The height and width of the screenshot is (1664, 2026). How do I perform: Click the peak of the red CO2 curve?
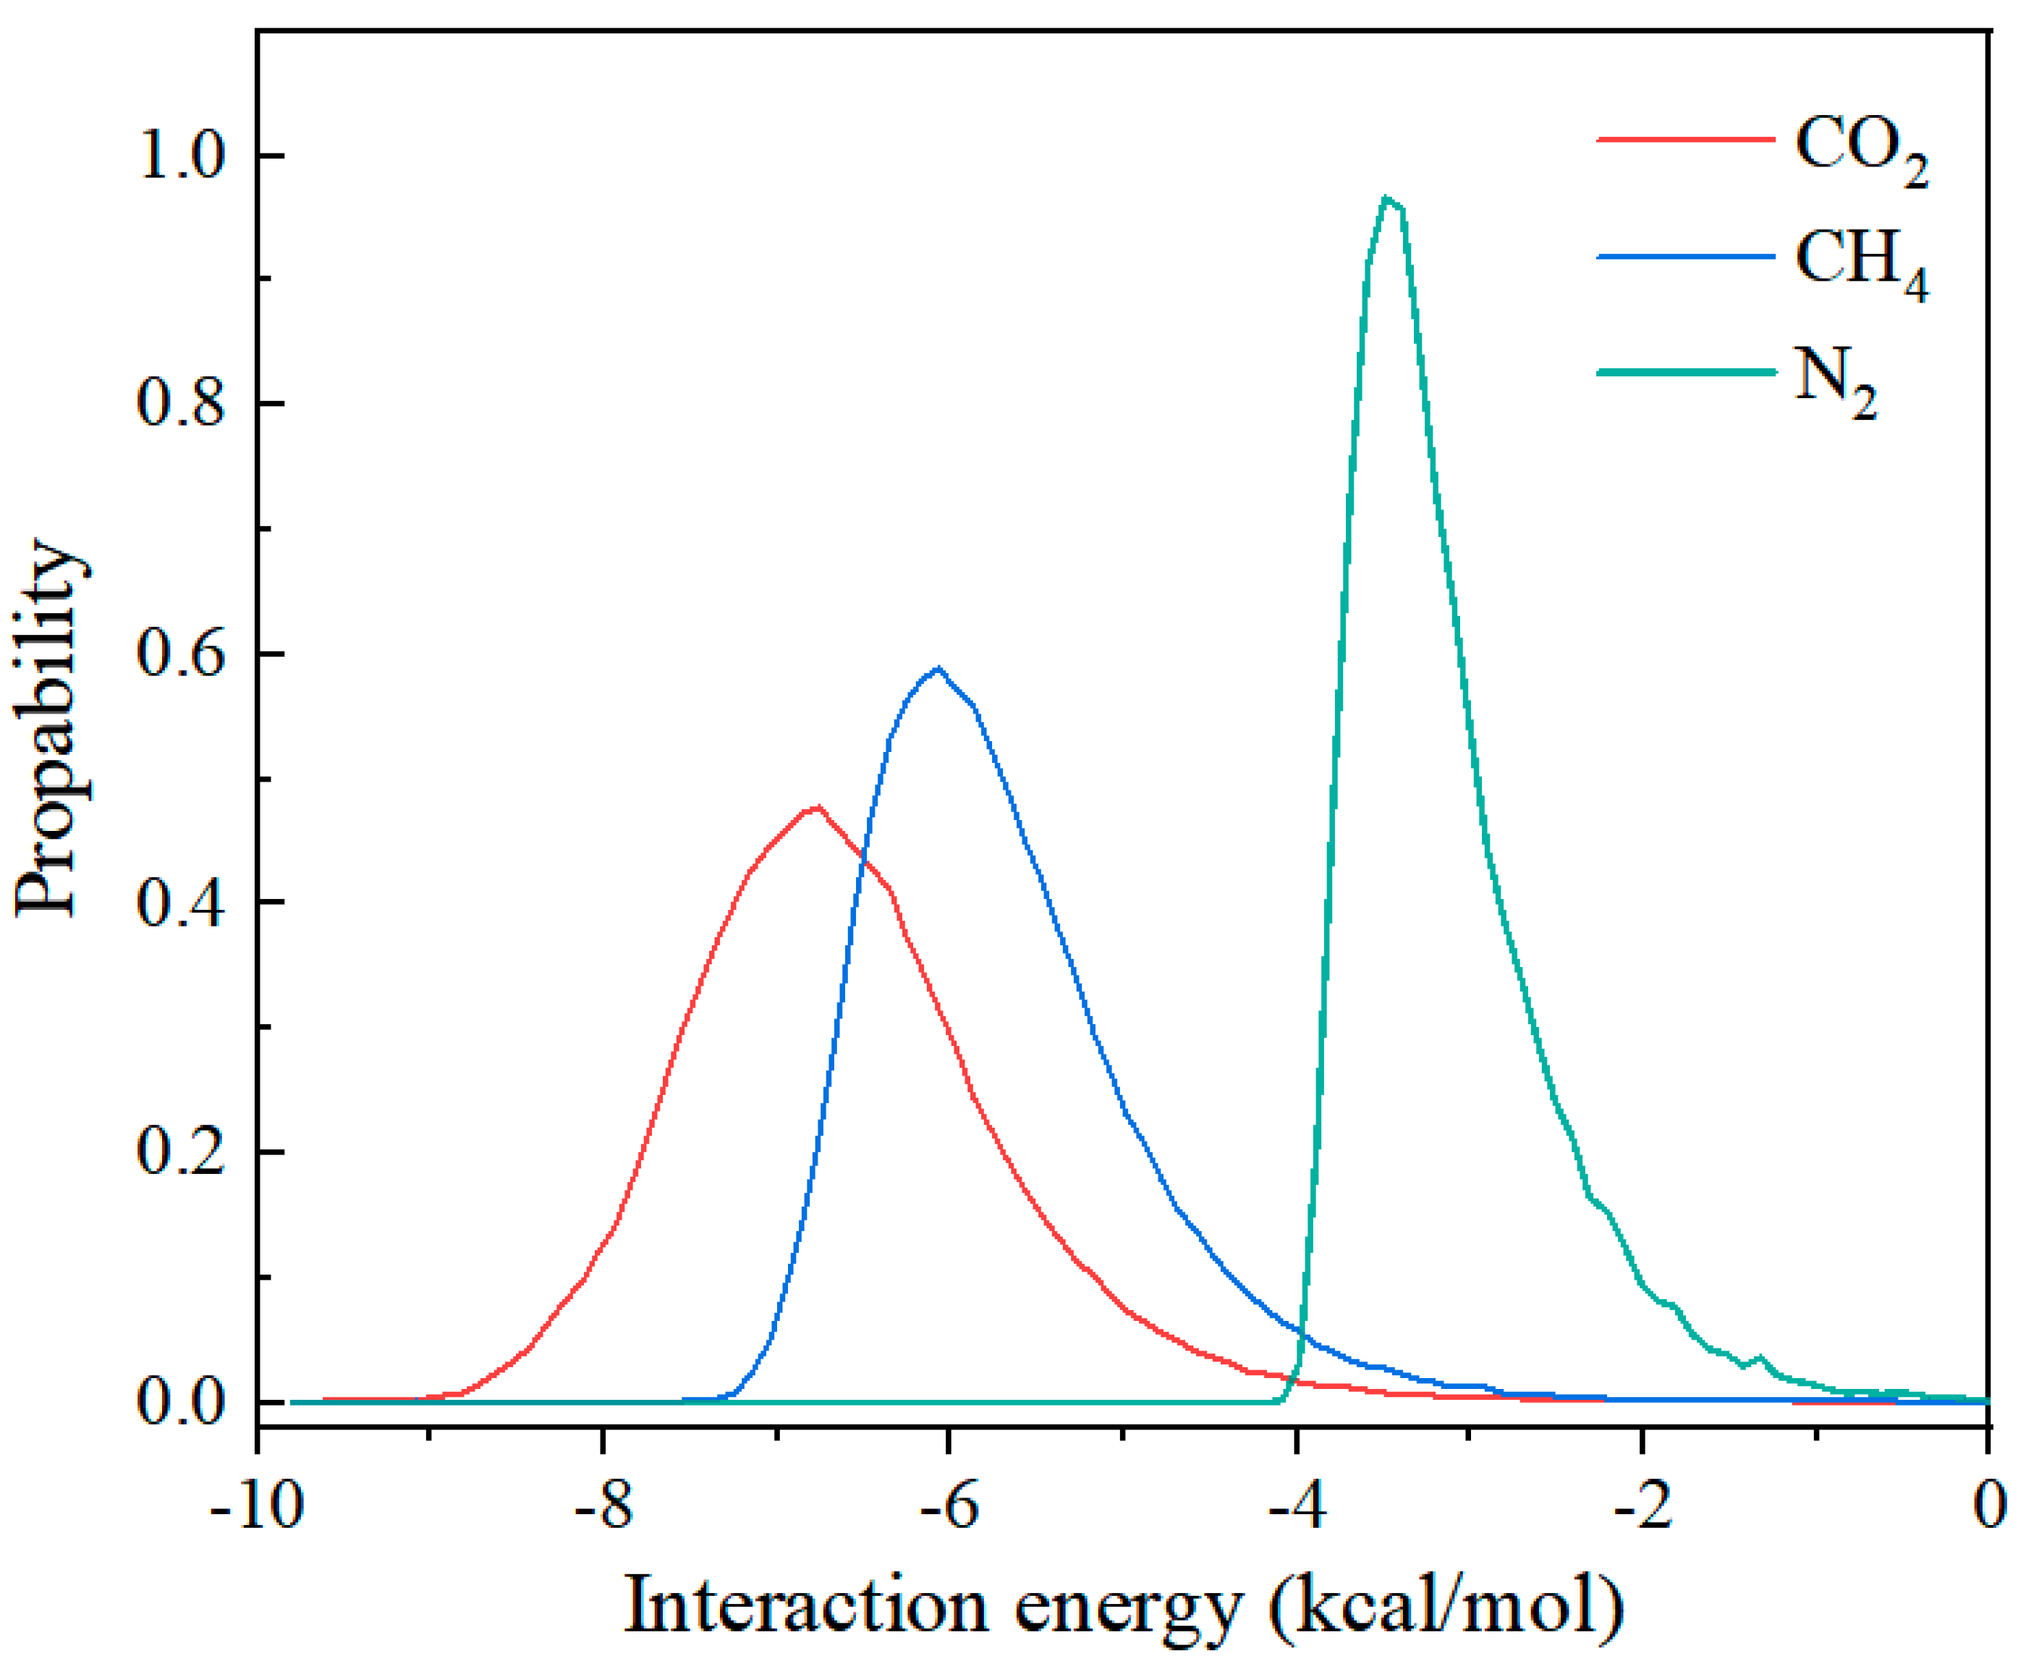(815, 807)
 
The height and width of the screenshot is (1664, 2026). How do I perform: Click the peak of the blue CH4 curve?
(938, 668)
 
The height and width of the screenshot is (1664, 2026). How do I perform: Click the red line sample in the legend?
(1684, 140)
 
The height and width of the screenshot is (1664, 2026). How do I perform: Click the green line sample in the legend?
(1684, 371)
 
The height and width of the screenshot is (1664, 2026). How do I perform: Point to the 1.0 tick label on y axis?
(183, 156)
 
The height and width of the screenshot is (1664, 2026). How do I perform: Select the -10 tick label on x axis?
(257, 1505)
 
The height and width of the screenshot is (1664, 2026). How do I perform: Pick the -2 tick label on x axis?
(1642, 1505)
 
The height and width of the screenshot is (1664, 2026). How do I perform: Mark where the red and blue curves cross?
(865, 856)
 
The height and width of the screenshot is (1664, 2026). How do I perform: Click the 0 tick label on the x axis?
(1990, 1505)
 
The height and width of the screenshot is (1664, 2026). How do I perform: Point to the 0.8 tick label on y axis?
(183, 404)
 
